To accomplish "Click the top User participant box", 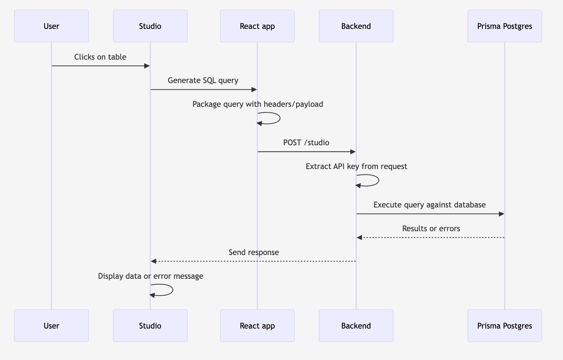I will [x=51, y=26].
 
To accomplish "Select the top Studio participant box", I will [x=150, y=26].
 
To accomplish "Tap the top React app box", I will [x=257, y=26].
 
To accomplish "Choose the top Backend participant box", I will [x=356, y=26].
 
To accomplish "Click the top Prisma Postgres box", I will [x=504, y=26].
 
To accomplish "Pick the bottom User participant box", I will [x=51, y=326].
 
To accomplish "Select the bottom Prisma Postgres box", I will [x=504, y=326].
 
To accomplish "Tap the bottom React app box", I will [x=257, y=326].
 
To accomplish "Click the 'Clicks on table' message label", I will [x=100, y=57].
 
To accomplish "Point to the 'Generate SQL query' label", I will [x=203, y=80].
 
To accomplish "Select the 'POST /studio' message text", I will [x=306, y=143].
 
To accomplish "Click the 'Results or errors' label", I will [x=431, y=229].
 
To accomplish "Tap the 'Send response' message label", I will [x=254, y=252].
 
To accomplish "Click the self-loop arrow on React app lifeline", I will [x=279, y=118].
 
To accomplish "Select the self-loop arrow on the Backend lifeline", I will [x=378, y=180].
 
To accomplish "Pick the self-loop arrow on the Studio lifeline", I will [x=172, y=290].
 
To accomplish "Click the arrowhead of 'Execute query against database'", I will [x=502, y=214].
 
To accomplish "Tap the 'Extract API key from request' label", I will [x=356, y=166].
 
